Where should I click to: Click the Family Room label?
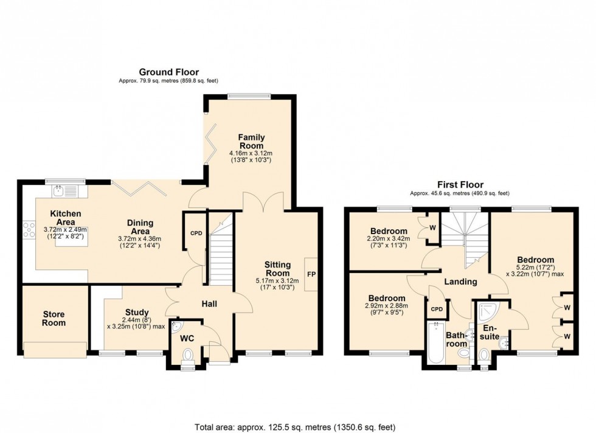(x=251, y=142)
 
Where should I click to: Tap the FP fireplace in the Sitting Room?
(x=311, y=274)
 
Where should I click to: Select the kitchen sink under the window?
(x=64, y=190)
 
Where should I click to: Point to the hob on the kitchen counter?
(x=29, y=230)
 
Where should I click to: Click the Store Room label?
(x=54, y=319)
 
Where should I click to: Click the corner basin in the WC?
(x=177, y=326)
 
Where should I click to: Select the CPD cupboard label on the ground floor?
(x=196, y=234)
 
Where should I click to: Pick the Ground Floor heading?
(x=169, y=72)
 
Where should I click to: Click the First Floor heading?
(x=460, y=185)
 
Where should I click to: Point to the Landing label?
(x=460, y=282)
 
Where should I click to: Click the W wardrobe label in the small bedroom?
(x=432, y=227)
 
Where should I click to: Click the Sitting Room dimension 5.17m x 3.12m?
(x=277, y=281)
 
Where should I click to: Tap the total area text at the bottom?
(x=295, y=428)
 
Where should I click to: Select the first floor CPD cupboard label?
(x=437, y=309)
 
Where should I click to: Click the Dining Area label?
(x=140, y=227)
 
